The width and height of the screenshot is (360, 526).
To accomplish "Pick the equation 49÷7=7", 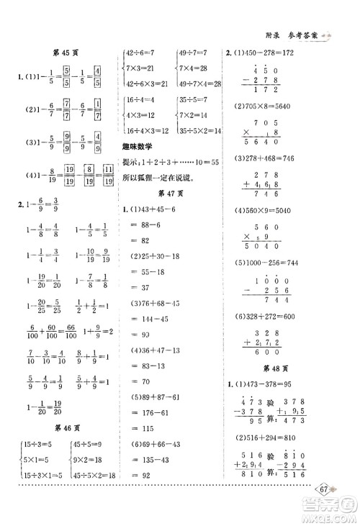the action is pyautogui.click(x=192, y=52).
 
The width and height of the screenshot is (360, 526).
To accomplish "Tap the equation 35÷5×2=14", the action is pyautogui.click(x=197, y=130).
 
